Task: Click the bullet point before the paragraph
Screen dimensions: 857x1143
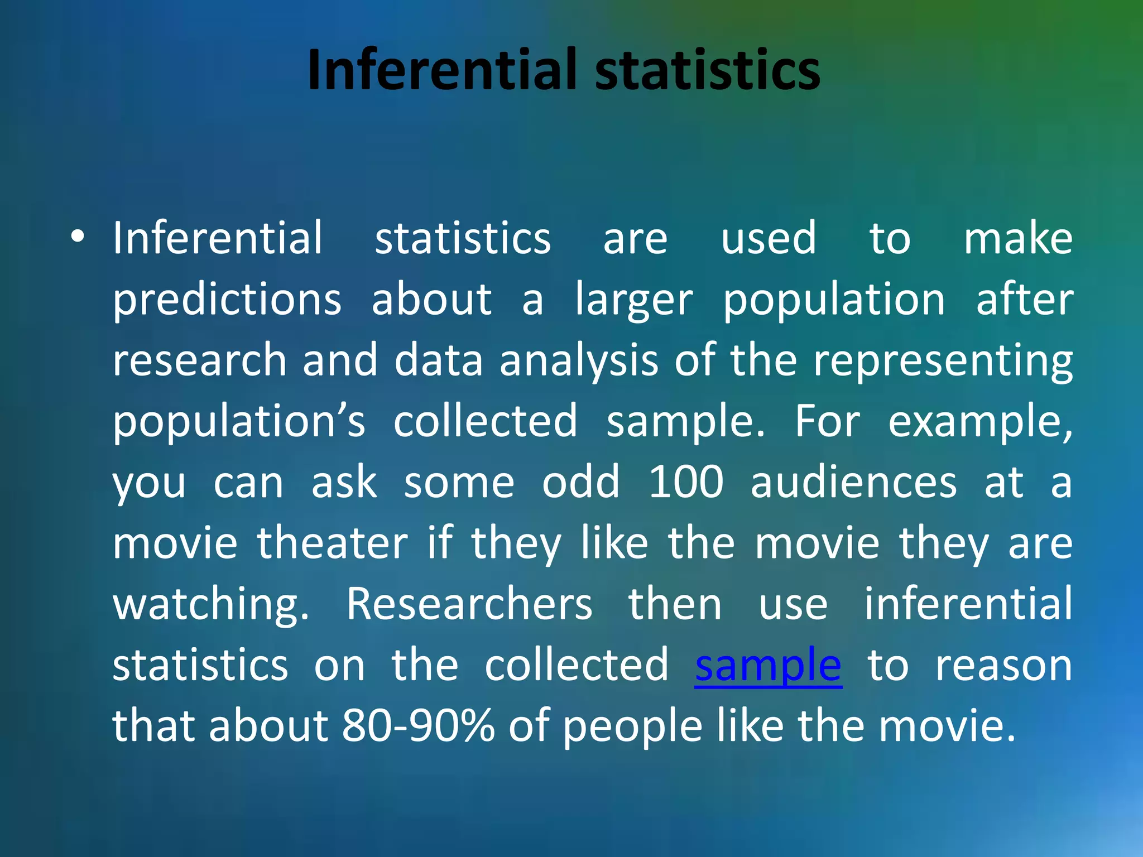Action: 78,237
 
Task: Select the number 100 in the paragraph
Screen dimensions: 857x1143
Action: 686,482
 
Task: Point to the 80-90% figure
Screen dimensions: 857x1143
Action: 418,726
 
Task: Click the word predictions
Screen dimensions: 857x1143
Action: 227,300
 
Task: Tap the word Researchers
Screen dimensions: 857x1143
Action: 469,604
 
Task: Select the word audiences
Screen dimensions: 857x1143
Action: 853,482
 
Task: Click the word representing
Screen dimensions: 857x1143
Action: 943,360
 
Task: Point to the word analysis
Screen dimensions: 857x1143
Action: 579,360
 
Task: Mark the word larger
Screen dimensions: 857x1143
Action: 634,300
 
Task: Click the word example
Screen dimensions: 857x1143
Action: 979,421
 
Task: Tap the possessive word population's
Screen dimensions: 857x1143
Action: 239,421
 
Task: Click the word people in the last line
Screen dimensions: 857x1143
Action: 632,726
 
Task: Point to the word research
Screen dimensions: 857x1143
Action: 200,360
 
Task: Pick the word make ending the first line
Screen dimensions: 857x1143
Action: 1018,238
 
